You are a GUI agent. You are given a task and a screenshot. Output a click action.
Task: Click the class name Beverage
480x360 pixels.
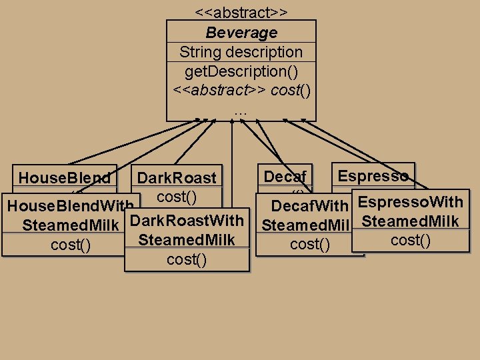241,33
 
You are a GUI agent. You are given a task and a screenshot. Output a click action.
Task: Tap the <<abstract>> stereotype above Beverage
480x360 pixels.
241,13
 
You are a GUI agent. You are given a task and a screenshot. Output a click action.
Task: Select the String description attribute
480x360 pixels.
241,52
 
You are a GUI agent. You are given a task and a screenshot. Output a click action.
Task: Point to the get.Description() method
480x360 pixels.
241,71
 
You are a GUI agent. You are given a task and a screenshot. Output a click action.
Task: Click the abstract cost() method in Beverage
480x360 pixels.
241,89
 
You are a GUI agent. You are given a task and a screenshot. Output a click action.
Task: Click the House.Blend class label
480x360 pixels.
65,178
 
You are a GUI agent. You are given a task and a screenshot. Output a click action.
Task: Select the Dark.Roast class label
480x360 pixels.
177,178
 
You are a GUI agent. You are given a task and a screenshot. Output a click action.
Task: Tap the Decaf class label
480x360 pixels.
285,177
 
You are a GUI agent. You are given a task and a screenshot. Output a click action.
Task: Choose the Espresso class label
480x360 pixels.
373,176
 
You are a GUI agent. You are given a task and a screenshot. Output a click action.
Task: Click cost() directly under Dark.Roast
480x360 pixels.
176,197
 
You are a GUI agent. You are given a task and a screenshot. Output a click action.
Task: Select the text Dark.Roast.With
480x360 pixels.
185,221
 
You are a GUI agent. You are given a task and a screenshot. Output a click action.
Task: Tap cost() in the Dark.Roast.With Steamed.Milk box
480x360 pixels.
186,259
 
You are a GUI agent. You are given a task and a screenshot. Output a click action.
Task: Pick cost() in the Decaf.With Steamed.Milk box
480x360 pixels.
310,245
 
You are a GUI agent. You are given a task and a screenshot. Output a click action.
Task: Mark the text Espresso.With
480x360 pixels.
410,202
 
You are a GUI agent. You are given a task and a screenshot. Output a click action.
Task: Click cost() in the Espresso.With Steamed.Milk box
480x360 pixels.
410,240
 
